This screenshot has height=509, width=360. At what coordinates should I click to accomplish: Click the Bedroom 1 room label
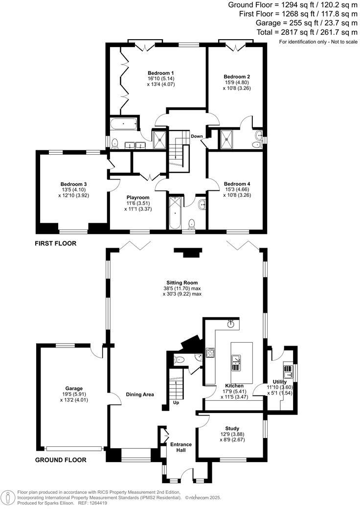click(x=161, y=72)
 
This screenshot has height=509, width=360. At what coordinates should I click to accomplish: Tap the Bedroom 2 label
click(x=237, y=77)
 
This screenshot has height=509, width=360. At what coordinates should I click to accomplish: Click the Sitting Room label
click(x=182, y=282)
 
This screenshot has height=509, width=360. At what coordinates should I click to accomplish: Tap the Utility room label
click(x=280, y=382)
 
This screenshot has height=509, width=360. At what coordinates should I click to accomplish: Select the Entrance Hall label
click(x=180, y=447)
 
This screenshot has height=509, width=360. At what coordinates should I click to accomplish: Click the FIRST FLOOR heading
click(x=56, y=243)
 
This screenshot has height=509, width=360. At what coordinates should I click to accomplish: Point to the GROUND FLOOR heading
click(x=61, y=460)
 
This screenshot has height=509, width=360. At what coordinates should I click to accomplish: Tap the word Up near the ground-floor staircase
click(x=176, y=403)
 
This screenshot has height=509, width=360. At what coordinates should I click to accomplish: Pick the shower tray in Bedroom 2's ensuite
click(x=227, y=138)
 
